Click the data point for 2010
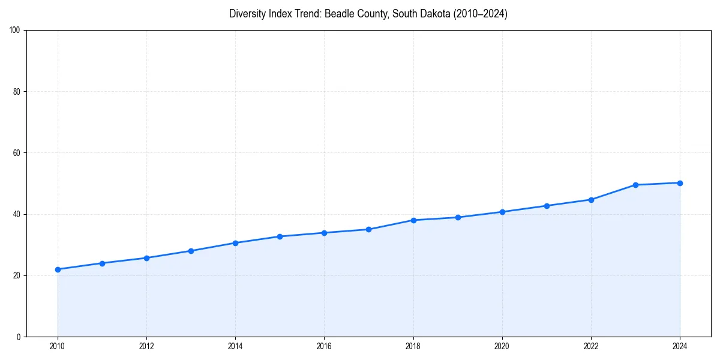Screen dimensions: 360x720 click(58, 269)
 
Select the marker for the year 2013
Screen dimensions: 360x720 click(191, 251)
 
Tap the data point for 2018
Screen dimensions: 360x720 click(413, 220)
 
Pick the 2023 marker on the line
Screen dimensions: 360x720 click(635, 185)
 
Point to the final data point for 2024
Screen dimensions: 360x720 click(680, 183)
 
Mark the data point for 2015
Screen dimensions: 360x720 click(280, 236)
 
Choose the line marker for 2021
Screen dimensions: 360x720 click(547, 206)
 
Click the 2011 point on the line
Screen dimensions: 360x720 click(102, 263)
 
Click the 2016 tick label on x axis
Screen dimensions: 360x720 click(324, 346)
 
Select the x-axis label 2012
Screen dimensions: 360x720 click(146, 346)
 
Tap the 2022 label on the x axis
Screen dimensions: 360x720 click(591, 346)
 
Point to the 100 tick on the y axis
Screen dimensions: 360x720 click(15, 31)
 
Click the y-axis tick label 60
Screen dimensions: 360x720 click(17, 153)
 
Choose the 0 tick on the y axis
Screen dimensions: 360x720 click(19, 337)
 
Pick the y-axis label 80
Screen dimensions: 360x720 click(17, 92)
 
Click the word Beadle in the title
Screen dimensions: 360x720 click(338, 14)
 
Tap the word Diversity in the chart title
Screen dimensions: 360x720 click(248, 14)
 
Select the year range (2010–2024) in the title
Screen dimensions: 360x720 click(476, 14)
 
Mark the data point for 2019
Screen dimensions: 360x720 click(458, 217)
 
